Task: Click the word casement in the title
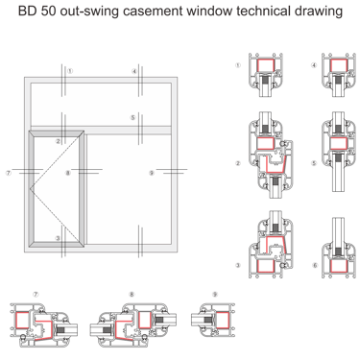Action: [x=153, y=12]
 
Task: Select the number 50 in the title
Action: [x=49, y=12]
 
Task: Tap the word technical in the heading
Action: [x=264, y=12]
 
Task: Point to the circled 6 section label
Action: [x=315, y=265]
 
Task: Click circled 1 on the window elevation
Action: [x=70, y=71]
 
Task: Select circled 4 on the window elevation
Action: [x=134, y=71]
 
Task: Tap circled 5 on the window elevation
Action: [x=132, y=118]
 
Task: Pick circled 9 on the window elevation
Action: [x=152, y=173]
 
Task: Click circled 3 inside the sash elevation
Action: [x=58, y=238]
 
